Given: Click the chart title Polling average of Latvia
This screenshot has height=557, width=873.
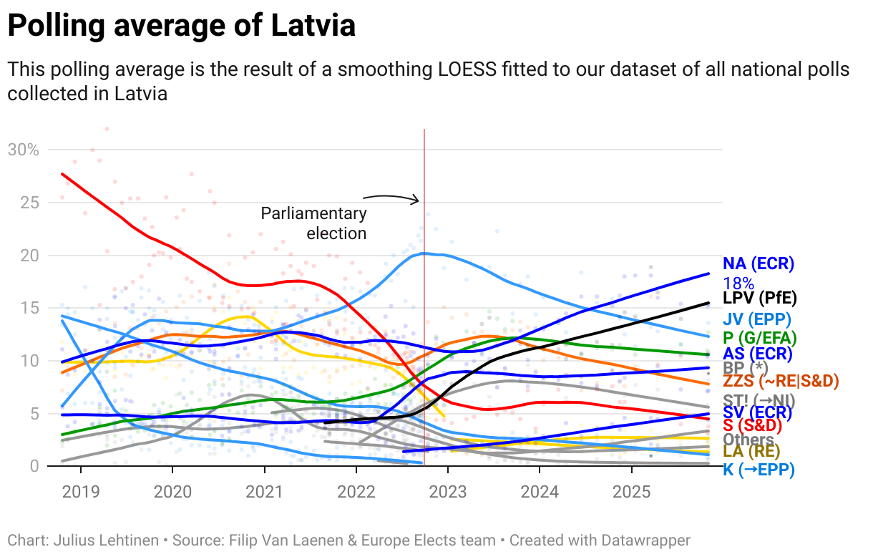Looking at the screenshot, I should coord(181,26).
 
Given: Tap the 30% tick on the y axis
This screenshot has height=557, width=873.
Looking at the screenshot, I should coord(23,150).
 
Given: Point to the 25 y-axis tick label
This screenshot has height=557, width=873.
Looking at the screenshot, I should coord(29,203).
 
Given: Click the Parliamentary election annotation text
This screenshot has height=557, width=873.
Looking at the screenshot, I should coord(315,223).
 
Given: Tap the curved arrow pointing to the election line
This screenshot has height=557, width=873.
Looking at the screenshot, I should coord(390,197).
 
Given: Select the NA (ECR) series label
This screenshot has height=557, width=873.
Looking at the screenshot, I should coord(759,263).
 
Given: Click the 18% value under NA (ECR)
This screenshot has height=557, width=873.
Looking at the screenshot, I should coord(738,283).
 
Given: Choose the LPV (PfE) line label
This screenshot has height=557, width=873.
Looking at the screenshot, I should coord(760,298).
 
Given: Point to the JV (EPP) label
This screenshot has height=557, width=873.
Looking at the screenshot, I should coord(756,319).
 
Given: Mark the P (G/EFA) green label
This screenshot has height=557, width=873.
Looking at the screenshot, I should coord(760,337).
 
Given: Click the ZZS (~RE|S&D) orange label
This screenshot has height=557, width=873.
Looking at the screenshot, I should coord(781,382).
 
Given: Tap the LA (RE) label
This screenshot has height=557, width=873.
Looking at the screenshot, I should coord(751,451).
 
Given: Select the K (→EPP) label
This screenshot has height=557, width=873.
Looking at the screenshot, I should coord(758,470).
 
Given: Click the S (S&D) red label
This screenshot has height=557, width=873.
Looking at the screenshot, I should coord(752,426).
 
